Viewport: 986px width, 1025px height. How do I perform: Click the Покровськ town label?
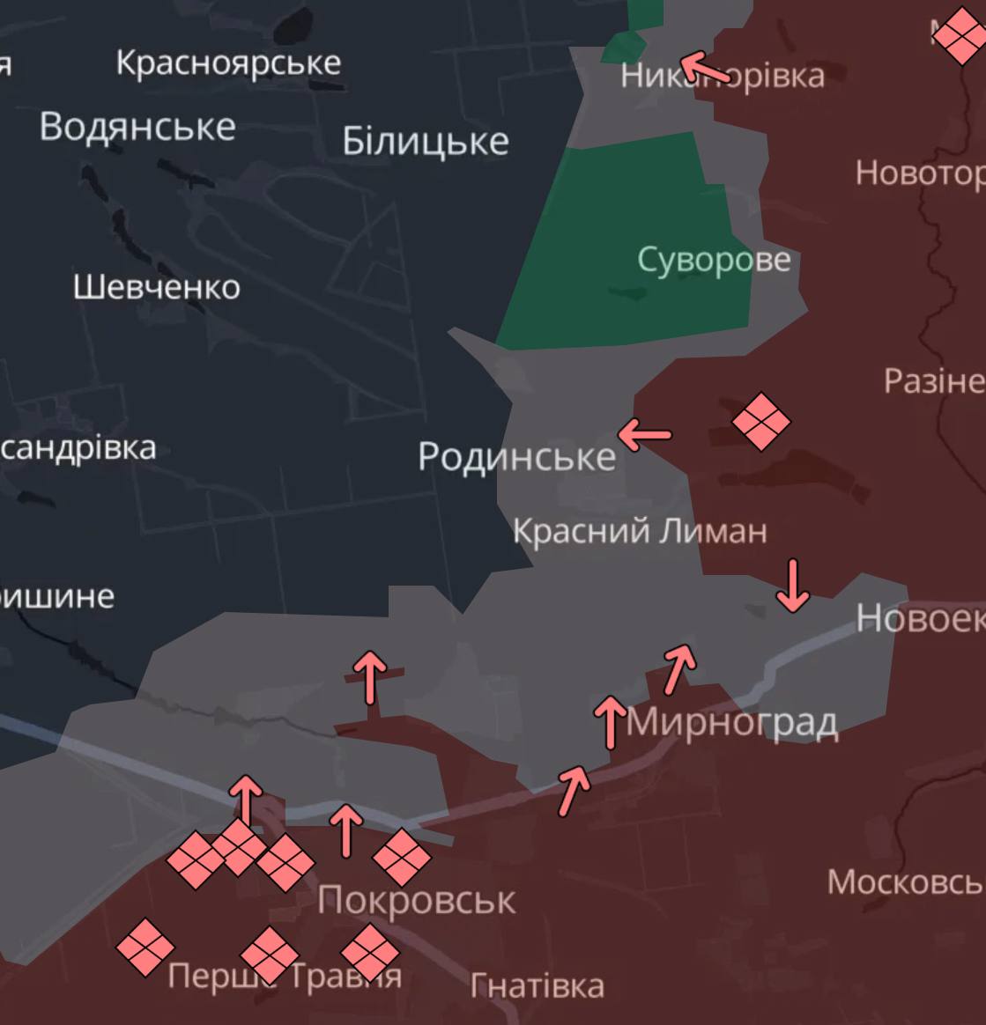pos(416,900)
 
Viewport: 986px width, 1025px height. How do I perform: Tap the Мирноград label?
pos(731,722)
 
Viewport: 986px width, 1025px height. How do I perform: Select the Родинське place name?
pos(516,456)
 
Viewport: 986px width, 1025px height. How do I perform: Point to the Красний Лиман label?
pos(640,531)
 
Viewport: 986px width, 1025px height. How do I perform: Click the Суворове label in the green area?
pos(714,260)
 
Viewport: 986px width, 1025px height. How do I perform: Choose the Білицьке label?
pos(426,141)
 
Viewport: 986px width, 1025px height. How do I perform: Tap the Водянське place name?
pos(137,127)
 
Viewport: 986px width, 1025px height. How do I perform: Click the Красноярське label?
pos(228,63)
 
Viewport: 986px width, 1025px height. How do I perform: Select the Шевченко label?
pos(157,287)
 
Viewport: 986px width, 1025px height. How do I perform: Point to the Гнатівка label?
pos(537,986)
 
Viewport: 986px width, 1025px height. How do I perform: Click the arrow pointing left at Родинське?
pos(644,433)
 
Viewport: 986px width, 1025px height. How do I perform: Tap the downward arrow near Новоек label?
pos(793,586)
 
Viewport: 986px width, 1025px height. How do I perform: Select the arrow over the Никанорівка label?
pos(707,67)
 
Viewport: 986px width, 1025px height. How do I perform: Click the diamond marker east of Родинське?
pos(761,422)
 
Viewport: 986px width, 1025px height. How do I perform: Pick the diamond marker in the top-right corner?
pos(960,36)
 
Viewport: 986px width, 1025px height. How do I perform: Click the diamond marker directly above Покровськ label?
pos(402,857)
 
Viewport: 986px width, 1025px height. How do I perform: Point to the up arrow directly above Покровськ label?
pos(346,830)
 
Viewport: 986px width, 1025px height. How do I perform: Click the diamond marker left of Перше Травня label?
pos(145,948)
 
